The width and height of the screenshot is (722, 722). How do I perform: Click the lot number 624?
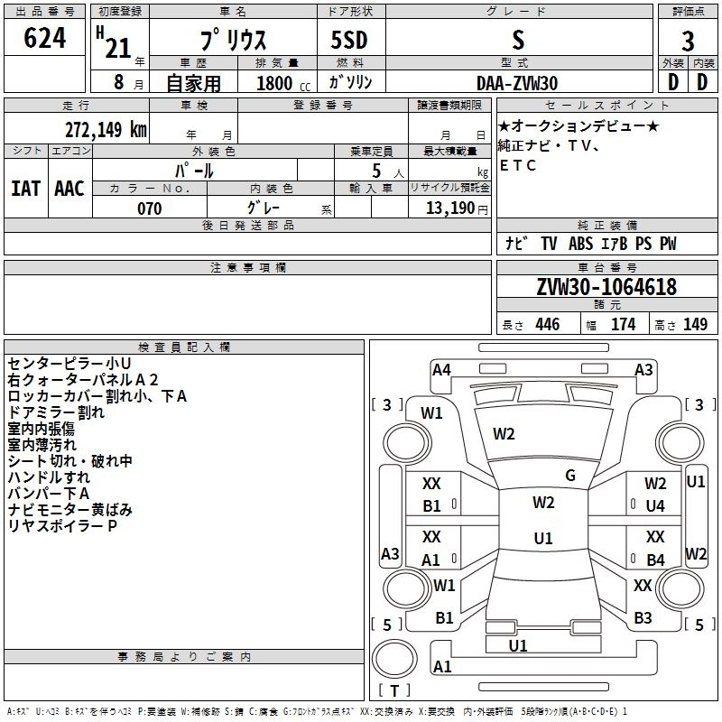point(44,38)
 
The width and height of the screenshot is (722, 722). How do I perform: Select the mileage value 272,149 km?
point(106,130)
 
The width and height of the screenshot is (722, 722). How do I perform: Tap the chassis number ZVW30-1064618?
point(606,287)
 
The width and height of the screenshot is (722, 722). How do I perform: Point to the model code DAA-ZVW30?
point(517,83)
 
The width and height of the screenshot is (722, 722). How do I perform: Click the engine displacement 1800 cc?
point(283,83)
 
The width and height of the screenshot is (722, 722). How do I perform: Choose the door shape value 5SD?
point(349,40)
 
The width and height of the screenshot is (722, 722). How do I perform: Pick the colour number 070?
point(150,208)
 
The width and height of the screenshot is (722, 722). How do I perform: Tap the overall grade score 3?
point(688,42)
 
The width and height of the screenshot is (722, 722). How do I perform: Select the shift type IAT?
point(26,189)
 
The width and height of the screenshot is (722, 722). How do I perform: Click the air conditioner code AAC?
point(69,189)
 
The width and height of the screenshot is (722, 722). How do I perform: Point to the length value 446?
point(548,324)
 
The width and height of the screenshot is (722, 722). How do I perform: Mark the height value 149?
point(695,324)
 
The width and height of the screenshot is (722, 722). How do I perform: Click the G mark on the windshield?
point(570,476)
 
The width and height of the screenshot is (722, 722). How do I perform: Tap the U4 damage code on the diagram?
point(655,506)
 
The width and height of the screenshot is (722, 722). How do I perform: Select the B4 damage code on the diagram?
point(656,560)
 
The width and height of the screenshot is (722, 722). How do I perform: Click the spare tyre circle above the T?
point(394,659)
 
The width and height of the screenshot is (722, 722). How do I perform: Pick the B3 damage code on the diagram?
point(643,618)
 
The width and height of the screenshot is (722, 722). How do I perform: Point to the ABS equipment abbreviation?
point(580,244)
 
